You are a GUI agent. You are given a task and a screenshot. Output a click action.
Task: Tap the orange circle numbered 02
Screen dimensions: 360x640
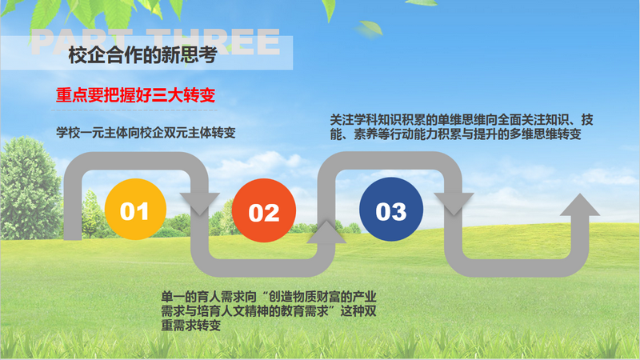263,212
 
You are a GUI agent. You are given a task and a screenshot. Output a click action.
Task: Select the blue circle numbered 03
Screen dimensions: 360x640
391,210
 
